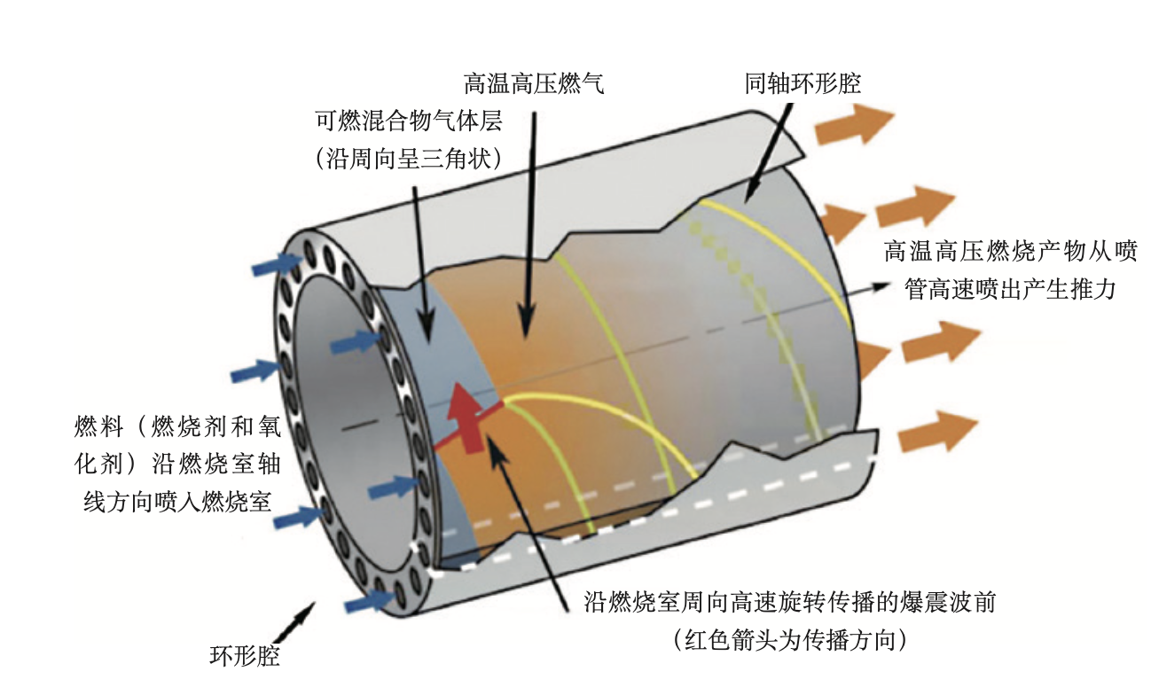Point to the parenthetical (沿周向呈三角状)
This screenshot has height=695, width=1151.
pyautogui.click(x=409, y=159)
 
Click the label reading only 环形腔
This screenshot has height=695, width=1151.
pyautogui.click(x=245, y=656)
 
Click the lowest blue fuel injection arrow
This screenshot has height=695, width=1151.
pyautogui.click(x=367, y=600)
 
